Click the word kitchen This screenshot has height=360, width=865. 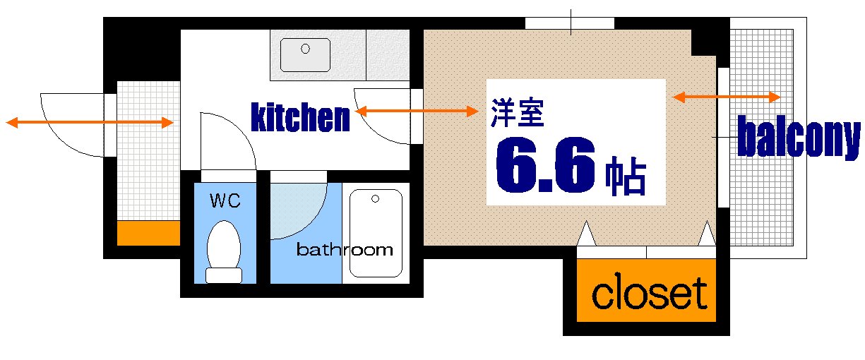point(301,118)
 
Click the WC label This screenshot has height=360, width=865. point(225,201)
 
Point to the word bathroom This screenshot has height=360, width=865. point(344,249)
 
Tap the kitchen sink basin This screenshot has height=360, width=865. point(306,54)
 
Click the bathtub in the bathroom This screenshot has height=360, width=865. point(376,233)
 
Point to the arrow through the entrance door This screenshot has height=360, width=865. point(90,123)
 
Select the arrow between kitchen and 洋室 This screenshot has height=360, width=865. point(417,111)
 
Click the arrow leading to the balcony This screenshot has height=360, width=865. point(727,97)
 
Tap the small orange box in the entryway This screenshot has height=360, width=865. point(148,233)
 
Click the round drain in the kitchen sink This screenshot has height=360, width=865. point(306,49)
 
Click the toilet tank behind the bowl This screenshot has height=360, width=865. point(224,275)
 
